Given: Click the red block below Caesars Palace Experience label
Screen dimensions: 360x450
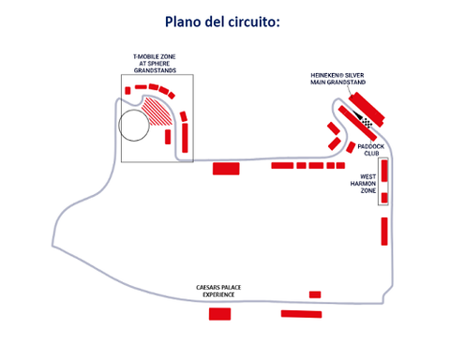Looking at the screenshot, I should [219, 313].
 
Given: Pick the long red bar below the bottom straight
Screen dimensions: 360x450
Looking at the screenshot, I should [301, 314].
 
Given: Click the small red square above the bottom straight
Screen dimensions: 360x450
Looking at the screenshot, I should [315, 294].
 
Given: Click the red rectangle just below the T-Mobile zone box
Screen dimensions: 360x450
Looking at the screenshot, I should [226, 169].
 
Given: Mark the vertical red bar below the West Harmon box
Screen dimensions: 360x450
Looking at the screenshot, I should [384, 230].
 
